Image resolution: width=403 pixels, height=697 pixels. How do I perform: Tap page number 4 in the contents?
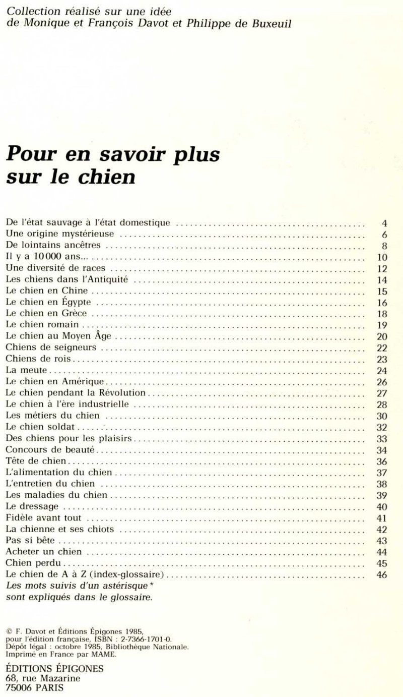point(384,222)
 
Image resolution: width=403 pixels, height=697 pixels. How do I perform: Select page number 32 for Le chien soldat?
point(381,427)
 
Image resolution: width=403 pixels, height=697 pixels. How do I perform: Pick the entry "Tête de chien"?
point(36,461)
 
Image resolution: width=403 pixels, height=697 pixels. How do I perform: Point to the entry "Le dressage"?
point(32,506)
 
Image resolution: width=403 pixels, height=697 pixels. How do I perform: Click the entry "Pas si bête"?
point(30,541)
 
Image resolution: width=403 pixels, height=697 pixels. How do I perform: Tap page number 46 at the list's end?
point(381,575)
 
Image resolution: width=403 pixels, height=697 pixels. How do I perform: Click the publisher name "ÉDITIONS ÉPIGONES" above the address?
point(54,669)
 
